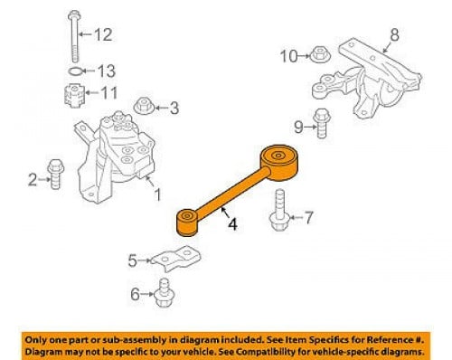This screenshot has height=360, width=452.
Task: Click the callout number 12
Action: pos(103,34)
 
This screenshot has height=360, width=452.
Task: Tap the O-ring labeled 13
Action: pos(75,71)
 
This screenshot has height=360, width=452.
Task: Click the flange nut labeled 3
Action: pos(144,106)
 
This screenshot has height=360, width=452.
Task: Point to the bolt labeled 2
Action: pos(56,174)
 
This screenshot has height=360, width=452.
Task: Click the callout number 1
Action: pos(157,194)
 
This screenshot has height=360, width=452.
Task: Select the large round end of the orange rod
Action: pos(279,163)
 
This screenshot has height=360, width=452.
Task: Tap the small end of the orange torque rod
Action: pos(187,223)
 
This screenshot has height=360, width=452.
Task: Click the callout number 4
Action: pos(232,224)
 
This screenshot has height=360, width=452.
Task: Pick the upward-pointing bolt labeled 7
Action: pos(279,210)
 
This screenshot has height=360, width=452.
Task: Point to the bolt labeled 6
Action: pos(164,292)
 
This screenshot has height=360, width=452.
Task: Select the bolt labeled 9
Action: pos(322,123)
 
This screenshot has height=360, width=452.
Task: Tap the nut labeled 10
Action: pos(320,55)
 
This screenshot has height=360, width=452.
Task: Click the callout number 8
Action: pos(394,34)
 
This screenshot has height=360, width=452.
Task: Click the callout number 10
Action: pos(288,56)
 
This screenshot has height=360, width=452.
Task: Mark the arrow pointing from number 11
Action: pos(91,92)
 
